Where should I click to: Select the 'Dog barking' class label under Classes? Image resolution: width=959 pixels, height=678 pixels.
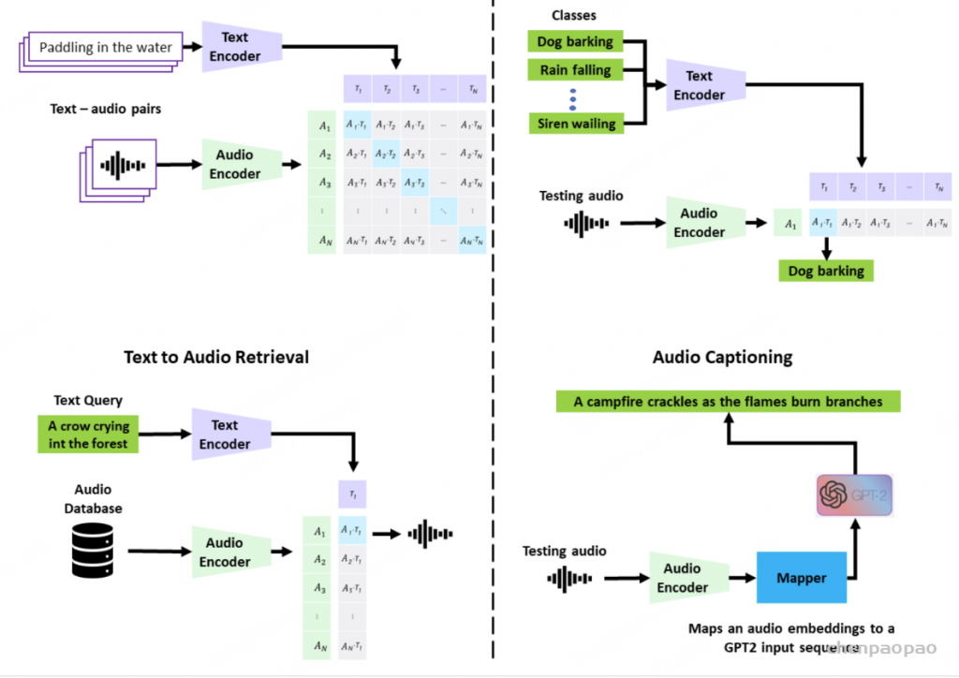point(575,41)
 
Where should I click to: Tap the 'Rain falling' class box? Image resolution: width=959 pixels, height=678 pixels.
point(575,70)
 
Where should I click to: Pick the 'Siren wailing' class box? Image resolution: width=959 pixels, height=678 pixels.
point(575,123)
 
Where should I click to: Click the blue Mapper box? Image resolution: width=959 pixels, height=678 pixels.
point(802,578)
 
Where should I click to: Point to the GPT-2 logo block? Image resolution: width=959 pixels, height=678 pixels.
point(853,495)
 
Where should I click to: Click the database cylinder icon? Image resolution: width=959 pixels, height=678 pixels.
point(93,550)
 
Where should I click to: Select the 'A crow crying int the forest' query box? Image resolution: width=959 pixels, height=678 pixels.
point(89,435)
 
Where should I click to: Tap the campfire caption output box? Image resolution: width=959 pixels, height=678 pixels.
point(728,401)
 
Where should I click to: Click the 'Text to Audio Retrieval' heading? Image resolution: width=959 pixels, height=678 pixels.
point(216,357)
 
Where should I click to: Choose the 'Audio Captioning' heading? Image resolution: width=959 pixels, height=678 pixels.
point(722,357)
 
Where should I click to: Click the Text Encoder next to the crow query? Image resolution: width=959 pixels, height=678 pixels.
point(225,435)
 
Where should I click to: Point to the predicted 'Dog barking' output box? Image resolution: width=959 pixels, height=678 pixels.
point(826,271)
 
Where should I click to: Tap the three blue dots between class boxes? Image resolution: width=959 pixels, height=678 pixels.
point(573,96)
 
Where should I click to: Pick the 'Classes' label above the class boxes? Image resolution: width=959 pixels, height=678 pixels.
point(573,15)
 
